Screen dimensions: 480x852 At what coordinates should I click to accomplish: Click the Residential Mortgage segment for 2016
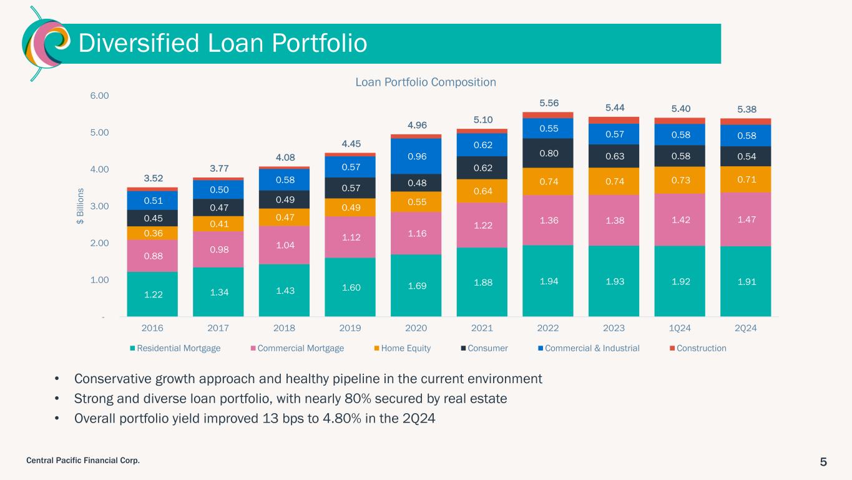coord(152,294)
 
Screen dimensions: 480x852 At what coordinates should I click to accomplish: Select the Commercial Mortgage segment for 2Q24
coord(745,219)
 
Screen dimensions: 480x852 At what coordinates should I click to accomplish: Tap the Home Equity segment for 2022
coord(547,181)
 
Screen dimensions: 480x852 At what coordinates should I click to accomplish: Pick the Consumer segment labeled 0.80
coord(547,152)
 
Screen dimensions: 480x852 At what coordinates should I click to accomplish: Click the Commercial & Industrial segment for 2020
coord(416,156)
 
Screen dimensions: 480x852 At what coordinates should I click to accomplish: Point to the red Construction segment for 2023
coord(614,120)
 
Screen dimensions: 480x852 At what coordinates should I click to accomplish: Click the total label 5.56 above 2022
coord(547,103)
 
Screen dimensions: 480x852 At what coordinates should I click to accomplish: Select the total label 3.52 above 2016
coord(152,178)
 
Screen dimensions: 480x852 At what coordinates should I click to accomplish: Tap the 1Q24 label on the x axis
coord(680,328)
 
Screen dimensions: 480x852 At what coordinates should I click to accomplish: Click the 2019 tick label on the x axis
coord(350,328)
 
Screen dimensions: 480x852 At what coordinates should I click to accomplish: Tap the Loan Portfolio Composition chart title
coord(426,82)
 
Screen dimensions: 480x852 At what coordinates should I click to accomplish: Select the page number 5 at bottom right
coord(823,462)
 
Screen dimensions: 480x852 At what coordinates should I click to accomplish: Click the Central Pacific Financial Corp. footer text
coord(83,461)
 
